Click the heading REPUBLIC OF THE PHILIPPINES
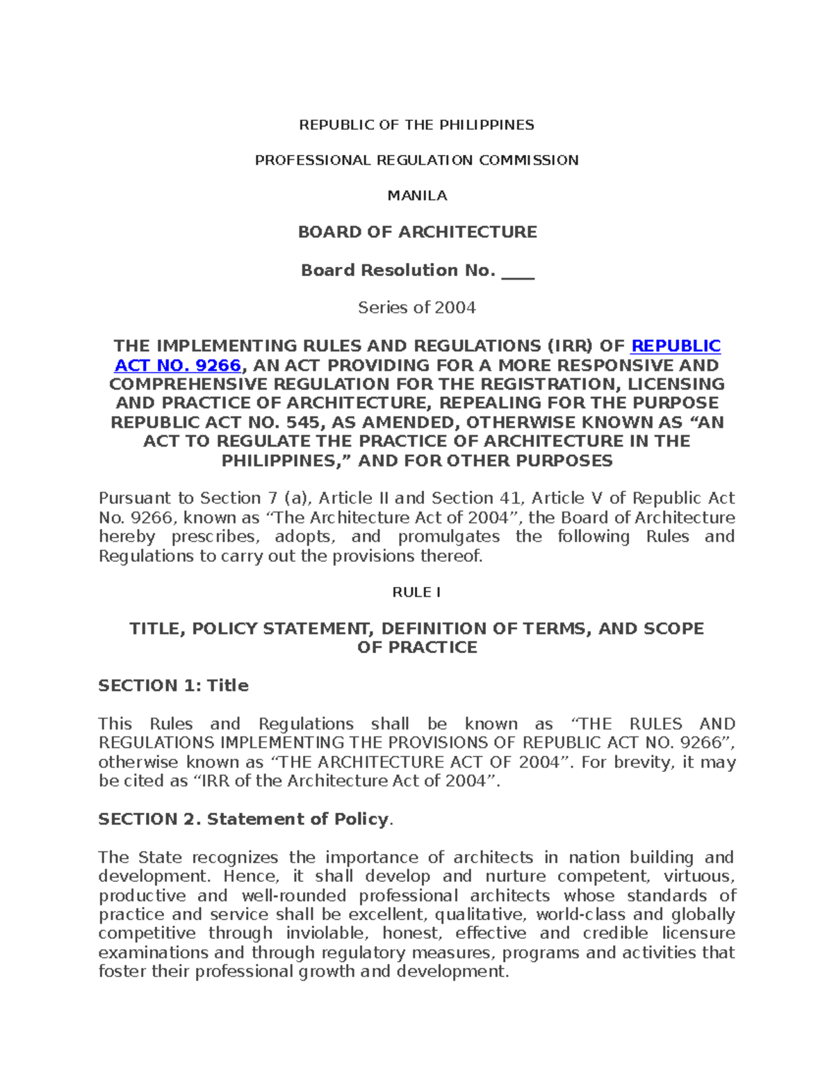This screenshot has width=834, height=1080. (416, 125)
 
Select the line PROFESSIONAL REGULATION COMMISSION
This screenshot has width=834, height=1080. (416, 161)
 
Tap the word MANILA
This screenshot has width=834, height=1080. (417, 196)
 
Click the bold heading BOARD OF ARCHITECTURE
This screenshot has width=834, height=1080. (417, 232)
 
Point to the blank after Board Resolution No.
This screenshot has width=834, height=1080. (518, 271)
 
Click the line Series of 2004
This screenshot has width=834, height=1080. (417, 307)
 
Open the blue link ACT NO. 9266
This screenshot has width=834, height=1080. (177, 366)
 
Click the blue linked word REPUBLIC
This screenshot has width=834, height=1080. (676, 346)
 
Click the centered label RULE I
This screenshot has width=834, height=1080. (417, 593)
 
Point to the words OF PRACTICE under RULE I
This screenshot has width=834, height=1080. (417, 647)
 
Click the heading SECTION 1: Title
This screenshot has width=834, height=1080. (173, 686)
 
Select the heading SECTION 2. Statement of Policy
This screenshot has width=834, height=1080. (243, 819)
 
